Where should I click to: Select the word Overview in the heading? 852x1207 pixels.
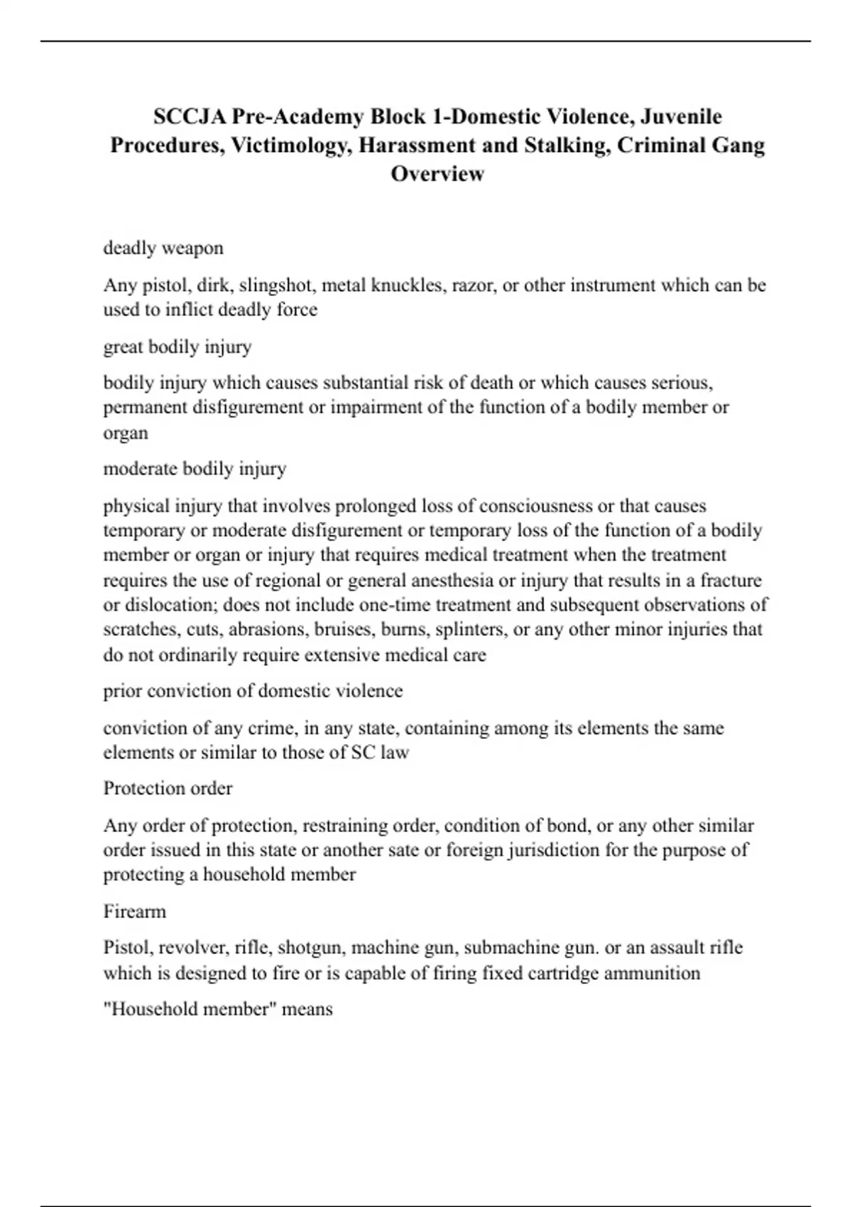click(437, 173)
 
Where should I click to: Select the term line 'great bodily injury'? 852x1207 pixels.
click(177, 346)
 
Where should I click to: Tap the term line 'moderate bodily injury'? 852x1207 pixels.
click(195, 469)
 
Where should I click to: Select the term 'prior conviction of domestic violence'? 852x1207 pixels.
click(253, 691)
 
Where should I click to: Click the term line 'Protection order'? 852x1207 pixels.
click(168, 788)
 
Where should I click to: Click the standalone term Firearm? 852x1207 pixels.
click(134, 911)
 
